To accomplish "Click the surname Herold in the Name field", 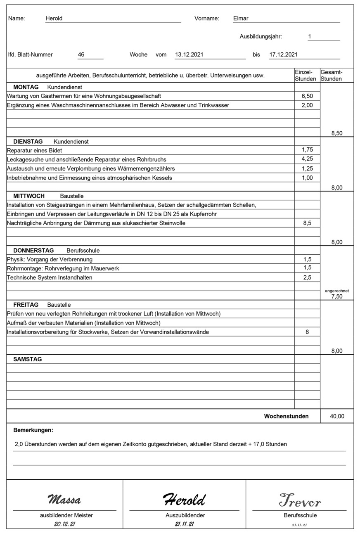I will (x=54, y=18).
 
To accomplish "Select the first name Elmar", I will (x=241, y=18).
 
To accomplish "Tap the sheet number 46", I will (x=81, y=54).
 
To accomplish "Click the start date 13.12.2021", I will (x=189, y=54).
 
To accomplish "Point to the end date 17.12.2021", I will (x=283, y=54).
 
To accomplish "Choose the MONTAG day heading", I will (x=26, y=87).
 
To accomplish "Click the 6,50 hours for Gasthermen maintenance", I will (x=307, y=96).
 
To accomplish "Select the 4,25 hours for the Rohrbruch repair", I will (x=307, y=159).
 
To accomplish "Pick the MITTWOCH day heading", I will (x=29, y=196).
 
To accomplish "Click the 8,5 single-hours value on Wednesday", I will (x=307, y=223).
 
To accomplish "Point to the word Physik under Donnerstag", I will (x=16, y=259).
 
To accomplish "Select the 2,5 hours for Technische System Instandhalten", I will (x=307, y=277).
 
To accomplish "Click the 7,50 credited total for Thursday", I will (x=337, y=296).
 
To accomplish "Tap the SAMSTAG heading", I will (x=28, y=359).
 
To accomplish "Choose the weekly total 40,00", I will (x=337, y=416).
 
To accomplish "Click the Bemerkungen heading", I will (x=33, y=430).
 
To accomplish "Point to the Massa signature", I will (x=64, y=500).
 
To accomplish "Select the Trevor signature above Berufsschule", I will (x=300, y=500).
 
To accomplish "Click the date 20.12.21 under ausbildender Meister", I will (x=64, y=524).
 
